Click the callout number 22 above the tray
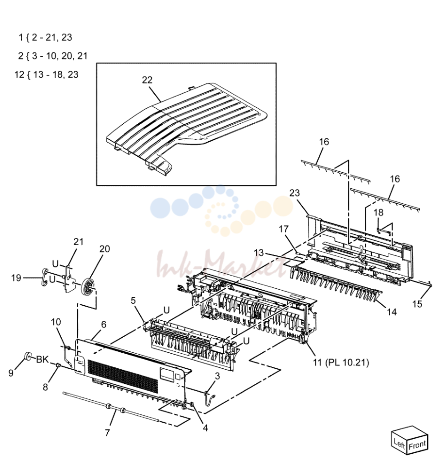point(147,80)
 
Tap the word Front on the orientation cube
point(417,445)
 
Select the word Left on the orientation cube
point(400,443)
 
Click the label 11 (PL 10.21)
point(341,362)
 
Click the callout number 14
point(392,312)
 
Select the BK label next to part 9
point(42,359)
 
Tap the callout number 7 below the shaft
point(107,432)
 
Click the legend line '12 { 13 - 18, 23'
point(47,74)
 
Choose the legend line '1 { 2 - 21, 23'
point(45,37)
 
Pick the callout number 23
point(294,193)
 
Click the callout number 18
point(379,212)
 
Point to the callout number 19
point(16,278)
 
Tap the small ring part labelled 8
point(58,365)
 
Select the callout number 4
point(205,428)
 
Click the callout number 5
point(133,300)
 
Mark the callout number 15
point(417,304)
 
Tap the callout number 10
point(56,322)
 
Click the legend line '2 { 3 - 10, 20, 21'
point(53,56)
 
